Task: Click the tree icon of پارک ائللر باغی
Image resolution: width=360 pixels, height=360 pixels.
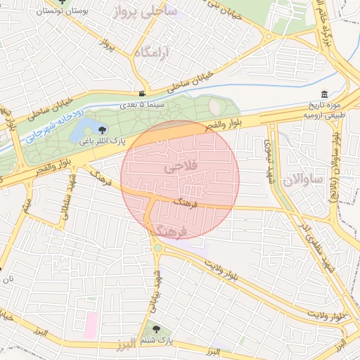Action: [x=103, y=129]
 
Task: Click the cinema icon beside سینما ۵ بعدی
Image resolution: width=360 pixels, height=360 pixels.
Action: [x=143, y=94]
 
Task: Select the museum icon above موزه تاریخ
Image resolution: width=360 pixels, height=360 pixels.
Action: [x=323, y=95]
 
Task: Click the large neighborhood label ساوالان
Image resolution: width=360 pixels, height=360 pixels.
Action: [x=302, y=180]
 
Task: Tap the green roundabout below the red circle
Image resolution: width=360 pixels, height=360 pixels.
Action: [x=158, y=247]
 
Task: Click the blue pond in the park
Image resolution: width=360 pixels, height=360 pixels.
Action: [x=86, y=127]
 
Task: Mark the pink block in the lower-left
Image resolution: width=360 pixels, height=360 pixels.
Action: [x=91, y=325]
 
